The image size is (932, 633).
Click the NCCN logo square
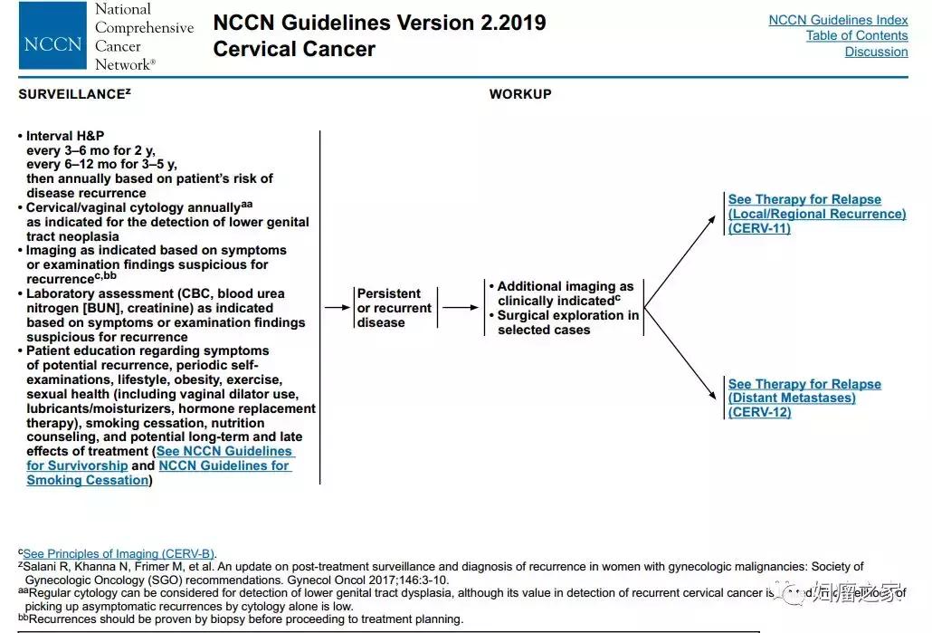pos(53,37)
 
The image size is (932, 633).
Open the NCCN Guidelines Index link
pos(838,20)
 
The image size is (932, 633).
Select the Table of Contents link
pos(856,36)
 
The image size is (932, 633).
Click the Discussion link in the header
pos(876,53)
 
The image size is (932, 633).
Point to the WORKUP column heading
pos(520,94)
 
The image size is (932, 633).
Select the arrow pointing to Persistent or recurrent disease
pos(337,308)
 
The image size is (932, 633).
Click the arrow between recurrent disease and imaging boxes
pos(461,308)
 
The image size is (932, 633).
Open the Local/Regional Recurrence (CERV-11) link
pos(816,214)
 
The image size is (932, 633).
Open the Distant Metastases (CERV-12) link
pos(804,398)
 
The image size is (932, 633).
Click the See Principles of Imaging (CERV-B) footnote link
pos(119,554)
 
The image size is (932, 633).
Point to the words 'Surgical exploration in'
pos(567,315)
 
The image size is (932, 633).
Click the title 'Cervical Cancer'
pos(294,49)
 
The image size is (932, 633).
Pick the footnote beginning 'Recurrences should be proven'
pos(244,619)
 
